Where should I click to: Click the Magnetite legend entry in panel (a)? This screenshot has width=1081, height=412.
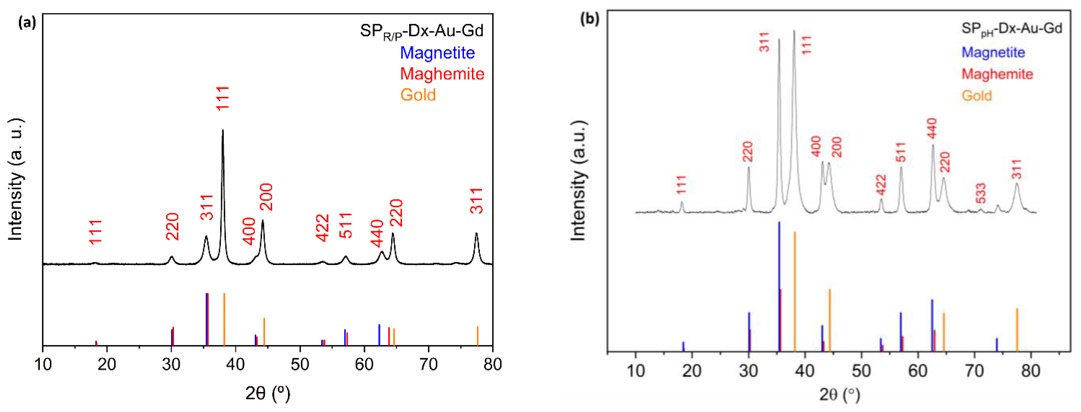(437, 53)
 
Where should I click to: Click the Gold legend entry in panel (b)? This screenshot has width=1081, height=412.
(976, 96)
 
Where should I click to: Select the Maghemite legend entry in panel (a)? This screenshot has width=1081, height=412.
(442, 74)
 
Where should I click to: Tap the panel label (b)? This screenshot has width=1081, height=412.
(589, 19)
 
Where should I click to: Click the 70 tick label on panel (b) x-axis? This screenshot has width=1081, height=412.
(974, 371)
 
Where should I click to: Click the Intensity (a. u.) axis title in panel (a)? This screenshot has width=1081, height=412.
(16, 180)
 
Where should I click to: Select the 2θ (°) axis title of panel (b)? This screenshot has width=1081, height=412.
(840, 394)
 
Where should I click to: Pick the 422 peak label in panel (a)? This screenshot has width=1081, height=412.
(322, 228)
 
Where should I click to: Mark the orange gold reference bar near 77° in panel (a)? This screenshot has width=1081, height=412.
(478, 336)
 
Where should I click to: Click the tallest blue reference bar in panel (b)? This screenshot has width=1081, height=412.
(779, 285)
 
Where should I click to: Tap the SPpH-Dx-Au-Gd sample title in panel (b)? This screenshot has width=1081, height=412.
(1011, 29)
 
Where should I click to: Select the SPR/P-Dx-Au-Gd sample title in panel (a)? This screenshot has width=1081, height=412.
(421, 31)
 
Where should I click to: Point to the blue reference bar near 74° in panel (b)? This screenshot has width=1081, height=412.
(997, 344)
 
